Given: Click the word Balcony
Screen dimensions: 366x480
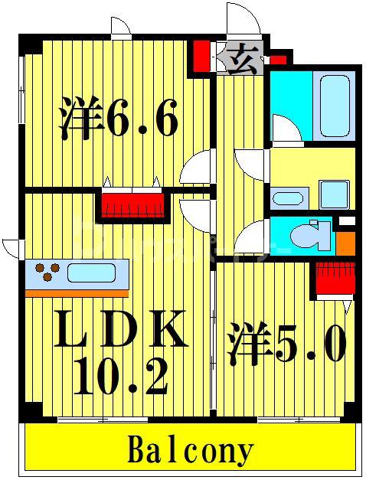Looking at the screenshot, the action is pos(190,452).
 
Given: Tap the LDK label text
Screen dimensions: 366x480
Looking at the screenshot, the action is pos(120,328).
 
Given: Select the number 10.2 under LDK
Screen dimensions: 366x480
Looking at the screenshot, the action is pos(120,376).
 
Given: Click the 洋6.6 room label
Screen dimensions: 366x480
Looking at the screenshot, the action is pos(119,118).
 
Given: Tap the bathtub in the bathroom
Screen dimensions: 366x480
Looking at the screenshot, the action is pos(335,106).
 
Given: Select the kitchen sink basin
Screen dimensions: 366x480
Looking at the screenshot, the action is pos(91,273).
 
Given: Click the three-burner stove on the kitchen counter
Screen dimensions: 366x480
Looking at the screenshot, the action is pos(47,272).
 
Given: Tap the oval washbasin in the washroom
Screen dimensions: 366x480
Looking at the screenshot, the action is pos(287,199).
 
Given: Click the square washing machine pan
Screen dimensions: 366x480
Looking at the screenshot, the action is pos(334,195).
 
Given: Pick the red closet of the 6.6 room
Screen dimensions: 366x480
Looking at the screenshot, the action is pos(132,205).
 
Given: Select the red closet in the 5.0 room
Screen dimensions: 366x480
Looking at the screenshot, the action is pos(335,278).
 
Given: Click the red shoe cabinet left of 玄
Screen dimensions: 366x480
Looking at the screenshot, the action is pos(202,56).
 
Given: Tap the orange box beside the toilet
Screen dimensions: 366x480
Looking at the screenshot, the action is pos(345,243).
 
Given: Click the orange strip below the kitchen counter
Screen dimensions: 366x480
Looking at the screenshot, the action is pos(77,294).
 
